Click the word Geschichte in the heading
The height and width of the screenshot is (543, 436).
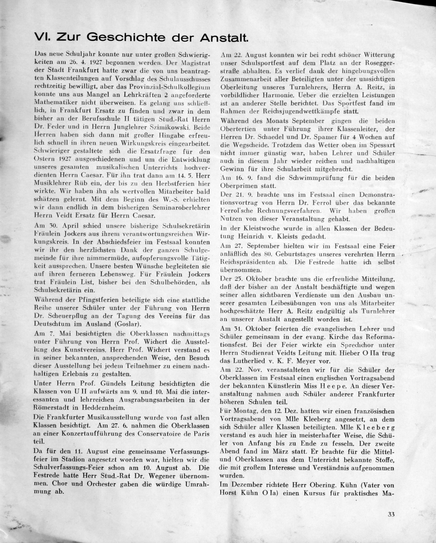pos(127,38)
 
